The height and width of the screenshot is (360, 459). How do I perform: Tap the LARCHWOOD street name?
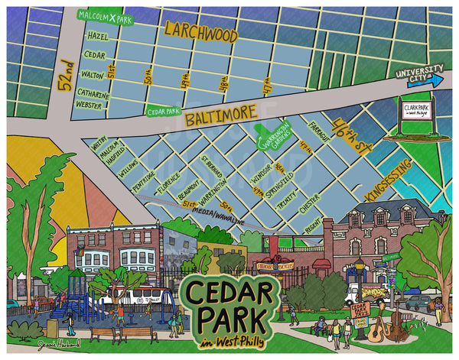(x=200, y=32)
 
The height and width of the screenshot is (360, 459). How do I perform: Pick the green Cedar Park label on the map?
(x=164, y=110)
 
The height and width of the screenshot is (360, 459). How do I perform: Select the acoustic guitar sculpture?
(x=377, y=329)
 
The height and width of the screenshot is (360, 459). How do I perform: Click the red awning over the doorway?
(x=322, y=264)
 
